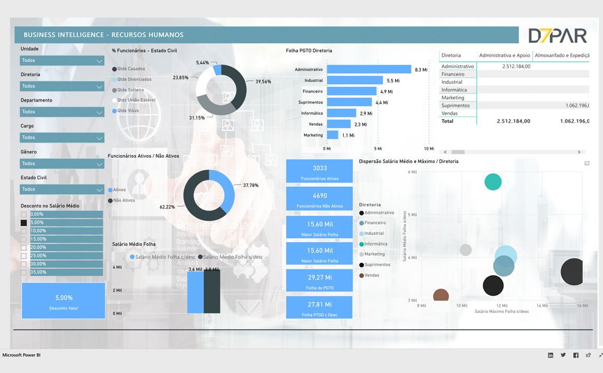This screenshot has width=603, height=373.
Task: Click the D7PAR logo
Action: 558,35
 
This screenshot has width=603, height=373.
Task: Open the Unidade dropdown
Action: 62,61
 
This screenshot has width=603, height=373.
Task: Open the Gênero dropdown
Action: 62,164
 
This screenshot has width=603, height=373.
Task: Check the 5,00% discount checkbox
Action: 24,223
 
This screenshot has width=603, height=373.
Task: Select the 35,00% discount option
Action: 24,272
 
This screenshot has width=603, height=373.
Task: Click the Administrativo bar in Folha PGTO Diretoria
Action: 369,69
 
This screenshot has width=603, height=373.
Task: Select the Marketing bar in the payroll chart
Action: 333,135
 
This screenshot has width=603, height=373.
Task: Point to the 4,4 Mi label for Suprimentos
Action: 381,103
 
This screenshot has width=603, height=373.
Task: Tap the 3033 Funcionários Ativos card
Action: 319,171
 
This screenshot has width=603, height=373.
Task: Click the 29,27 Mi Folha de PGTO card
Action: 319,280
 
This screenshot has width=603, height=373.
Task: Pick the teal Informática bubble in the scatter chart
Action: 493,182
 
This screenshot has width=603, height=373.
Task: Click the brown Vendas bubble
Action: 441,295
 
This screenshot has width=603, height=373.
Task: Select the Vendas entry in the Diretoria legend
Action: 371,275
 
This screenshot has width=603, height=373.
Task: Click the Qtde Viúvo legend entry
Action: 127,111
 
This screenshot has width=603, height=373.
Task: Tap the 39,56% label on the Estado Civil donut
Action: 263,82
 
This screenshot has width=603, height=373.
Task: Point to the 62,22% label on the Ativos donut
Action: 167,207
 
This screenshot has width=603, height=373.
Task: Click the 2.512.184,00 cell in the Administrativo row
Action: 516,67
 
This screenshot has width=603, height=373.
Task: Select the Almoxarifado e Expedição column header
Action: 562,55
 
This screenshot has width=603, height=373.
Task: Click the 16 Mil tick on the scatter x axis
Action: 582,306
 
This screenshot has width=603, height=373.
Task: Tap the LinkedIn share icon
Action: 551,356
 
